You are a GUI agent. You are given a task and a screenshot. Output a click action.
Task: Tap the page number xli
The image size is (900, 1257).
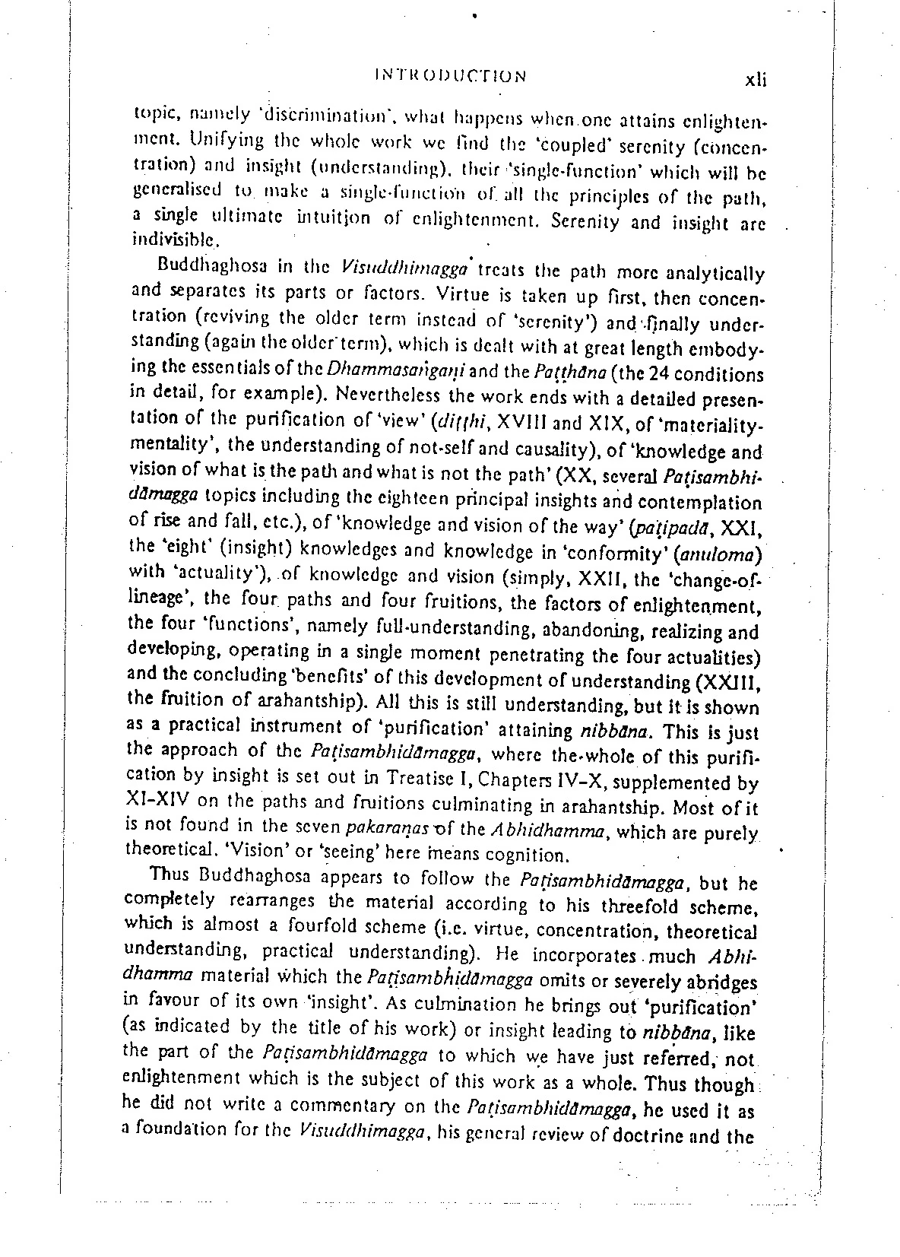tap(756, 81)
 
